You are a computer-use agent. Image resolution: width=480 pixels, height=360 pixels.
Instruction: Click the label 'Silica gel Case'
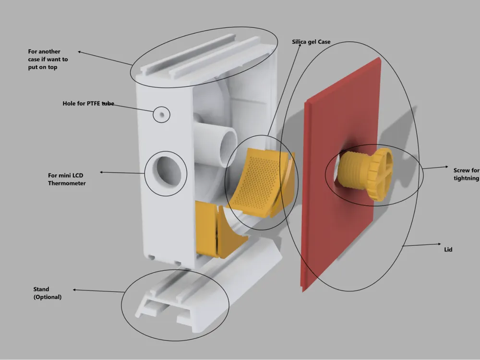click(x=311, y=42)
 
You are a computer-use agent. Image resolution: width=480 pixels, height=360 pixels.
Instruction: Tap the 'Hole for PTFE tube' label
click(x=88, y=104)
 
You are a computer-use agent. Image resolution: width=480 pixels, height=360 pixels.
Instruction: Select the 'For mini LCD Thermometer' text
click(x=67, y=180)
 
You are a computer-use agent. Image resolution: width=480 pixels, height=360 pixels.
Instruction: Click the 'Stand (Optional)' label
click(x=48, y=293)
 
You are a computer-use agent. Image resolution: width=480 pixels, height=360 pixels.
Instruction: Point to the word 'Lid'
click(x=448, y=250)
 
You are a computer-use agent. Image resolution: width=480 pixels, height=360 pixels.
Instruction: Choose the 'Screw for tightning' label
click(x=466, y=174)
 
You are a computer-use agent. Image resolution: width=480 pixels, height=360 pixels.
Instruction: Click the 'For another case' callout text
click(x=48, y=59)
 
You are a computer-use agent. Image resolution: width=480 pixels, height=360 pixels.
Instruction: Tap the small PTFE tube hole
click(x=162, y=115)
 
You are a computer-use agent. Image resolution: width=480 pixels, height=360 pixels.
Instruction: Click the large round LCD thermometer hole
click(x=166, y=172)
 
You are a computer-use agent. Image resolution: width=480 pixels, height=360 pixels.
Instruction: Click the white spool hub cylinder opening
click(x=228, y=147)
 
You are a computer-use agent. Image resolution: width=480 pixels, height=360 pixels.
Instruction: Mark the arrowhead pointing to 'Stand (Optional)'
click(x=74, y=289)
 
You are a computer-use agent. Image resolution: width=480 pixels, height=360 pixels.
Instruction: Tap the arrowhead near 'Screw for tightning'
click(x=446, y=167)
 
